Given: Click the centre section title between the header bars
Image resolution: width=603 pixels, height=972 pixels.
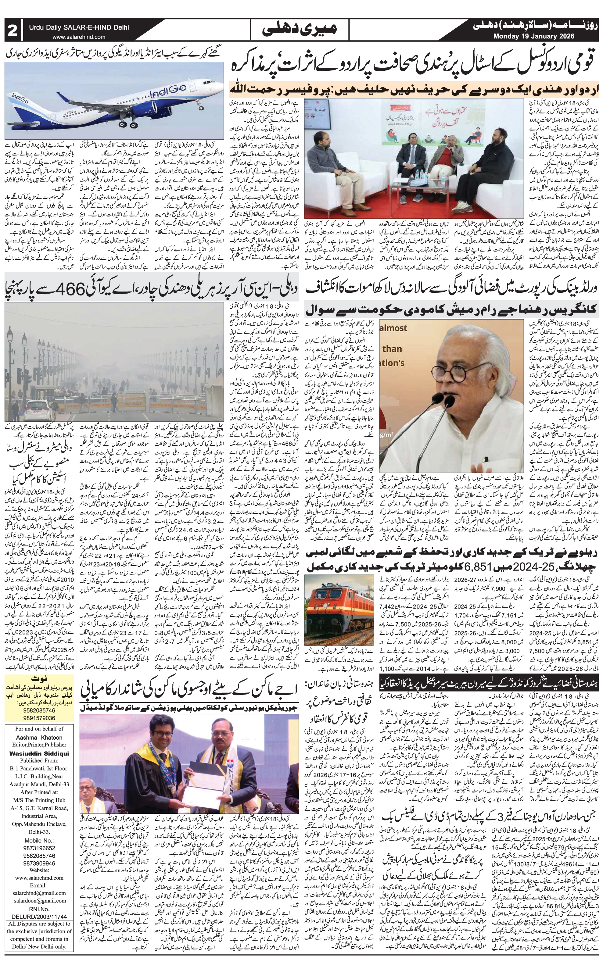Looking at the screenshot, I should click(301, 29).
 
